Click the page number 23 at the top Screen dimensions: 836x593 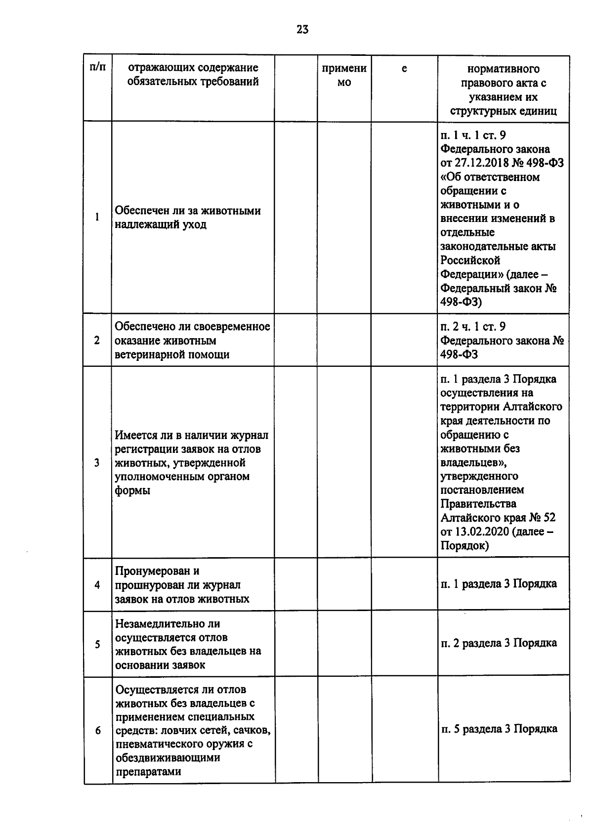(x=302, y=30)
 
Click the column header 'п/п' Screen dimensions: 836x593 (x=97, y=68)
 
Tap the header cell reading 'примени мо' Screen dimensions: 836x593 (x=344, y=75)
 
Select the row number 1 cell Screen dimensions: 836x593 (x=97, y=217)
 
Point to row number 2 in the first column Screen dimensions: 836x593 (x=97, y=341)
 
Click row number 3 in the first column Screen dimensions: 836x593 (x=97, y=463)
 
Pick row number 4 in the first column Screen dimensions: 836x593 (x=97, y=585)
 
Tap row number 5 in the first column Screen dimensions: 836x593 (x=97, y=644)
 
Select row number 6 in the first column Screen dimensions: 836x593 (x=97, y=730)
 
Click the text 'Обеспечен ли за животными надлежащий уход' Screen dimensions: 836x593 (x=188, y=218)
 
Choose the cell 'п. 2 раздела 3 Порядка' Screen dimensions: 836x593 (x=499, y=643)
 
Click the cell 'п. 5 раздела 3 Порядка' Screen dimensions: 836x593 (x=499, y=729)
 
